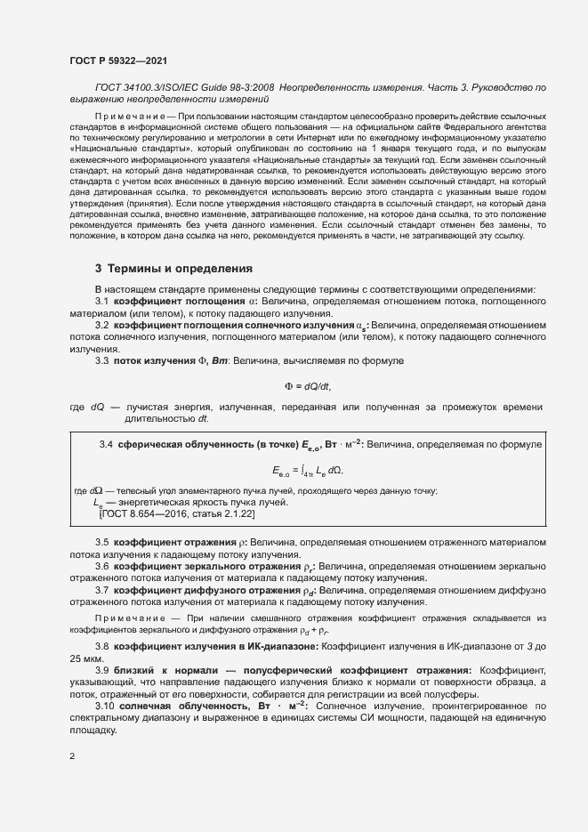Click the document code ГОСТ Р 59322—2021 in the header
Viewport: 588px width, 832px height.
(117, 59)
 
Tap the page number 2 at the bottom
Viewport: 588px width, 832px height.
(72, 757)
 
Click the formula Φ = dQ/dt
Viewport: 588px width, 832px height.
(307, 386)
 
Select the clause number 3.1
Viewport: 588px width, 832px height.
(101, 301)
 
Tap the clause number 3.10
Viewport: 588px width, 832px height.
(104, 705)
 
